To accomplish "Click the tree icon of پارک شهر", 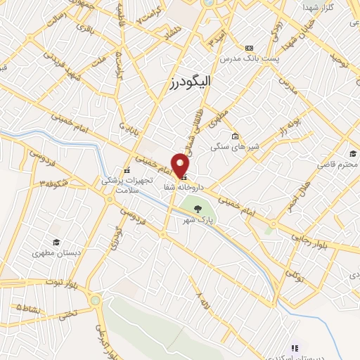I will point(198,208).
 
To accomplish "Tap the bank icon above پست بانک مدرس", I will point(251,46).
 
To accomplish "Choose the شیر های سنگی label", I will point(233,148).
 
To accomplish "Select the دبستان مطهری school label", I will point(56,252).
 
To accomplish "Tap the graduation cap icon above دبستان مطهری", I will point(55,241).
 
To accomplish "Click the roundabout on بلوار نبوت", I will point(96,301).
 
